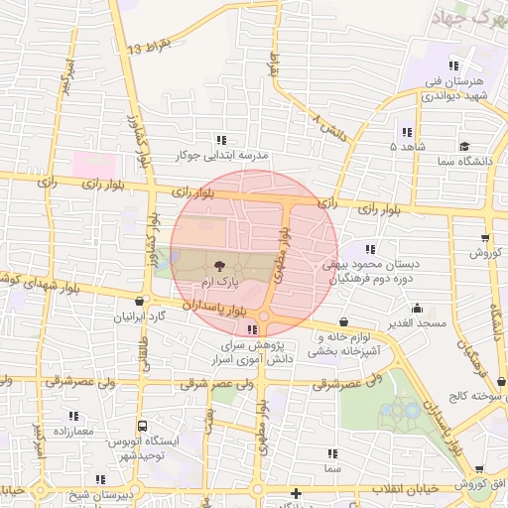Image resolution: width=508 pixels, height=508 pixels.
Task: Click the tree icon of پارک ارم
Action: tap(218, 266)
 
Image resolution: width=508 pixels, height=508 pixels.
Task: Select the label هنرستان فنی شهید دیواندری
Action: tap(449, 88)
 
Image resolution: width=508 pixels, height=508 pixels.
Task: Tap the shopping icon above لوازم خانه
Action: tap(343, 321)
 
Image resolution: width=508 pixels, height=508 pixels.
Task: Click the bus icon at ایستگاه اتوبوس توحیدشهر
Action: tap(141, 423)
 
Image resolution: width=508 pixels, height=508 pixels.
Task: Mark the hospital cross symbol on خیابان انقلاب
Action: tap(295, 493)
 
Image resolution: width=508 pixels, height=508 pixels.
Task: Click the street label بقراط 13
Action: tap(151, 47)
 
